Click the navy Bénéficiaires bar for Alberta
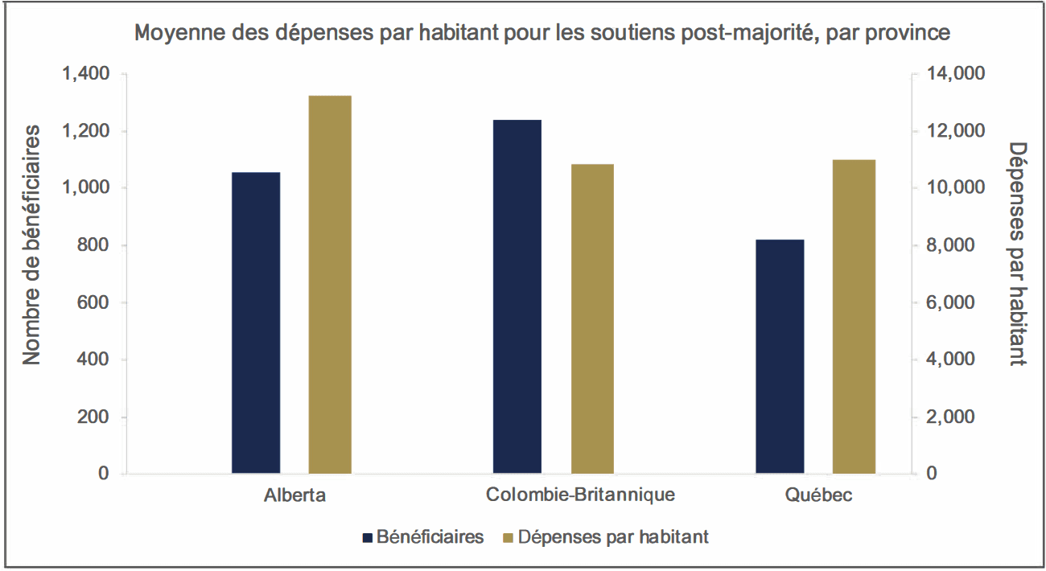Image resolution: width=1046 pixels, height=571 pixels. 256,322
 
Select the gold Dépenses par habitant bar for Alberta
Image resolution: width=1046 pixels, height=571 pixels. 330,285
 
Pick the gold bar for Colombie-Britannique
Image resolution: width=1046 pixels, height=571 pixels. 592,318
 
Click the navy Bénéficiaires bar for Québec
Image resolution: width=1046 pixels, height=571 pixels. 780,356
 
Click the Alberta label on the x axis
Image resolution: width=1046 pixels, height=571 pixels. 294,495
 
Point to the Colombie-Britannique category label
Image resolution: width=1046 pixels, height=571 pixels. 580,495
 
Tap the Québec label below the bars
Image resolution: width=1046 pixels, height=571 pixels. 819,495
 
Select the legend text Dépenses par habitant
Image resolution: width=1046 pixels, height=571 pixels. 613,537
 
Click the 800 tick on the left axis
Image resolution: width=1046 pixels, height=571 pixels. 92,245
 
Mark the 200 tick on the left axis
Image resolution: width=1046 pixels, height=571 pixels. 92,417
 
